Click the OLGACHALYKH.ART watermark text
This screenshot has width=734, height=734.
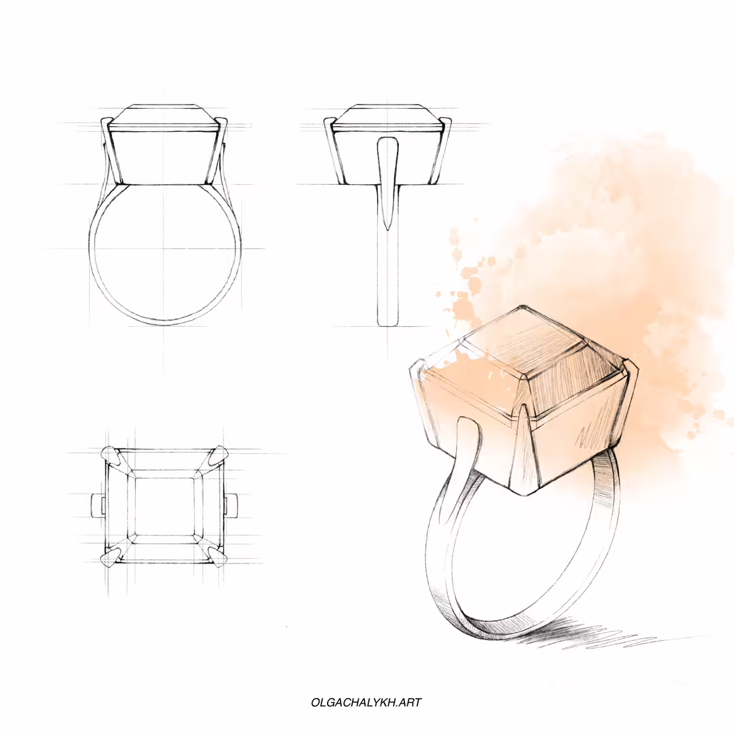366,702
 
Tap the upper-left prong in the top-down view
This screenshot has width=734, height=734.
111,455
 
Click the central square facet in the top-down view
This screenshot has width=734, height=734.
164,506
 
